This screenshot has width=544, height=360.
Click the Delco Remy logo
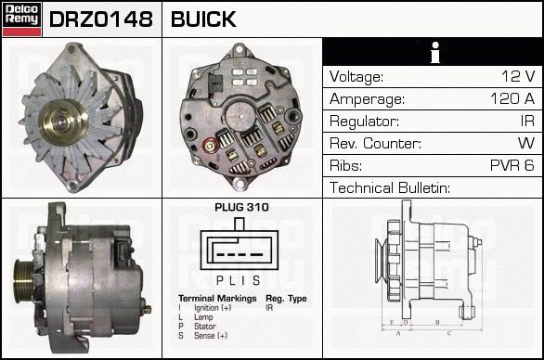[x=22, y=19]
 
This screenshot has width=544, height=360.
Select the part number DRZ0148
[x=101, y=19]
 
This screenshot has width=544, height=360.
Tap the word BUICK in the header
[x=203, y=19]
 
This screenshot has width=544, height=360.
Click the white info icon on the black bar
[x=435, y=52]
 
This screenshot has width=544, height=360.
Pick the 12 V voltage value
[x=518, y=76]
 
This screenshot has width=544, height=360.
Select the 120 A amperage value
[x=512, y=99]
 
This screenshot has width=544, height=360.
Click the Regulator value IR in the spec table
[x=527, y=121]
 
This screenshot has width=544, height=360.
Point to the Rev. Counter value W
[x=526, y=143]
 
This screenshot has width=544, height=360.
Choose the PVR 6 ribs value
[x=512, y=165]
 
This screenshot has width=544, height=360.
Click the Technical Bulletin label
[x=390, y=187]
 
